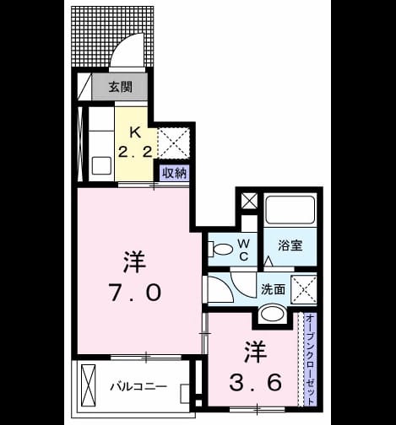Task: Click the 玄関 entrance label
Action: pyautogui.click(x=121, y=87)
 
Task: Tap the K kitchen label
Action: pyautogui.click(x=135, y=132)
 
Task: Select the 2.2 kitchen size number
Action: pyautogui.click(x=135, y=153)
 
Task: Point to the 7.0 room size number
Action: pyautogui.click(x=135, y=293)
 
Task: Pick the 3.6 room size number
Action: pyautogui.click(x=255, y=382)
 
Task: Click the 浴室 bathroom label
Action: pyautogui.click(x=290, y=245)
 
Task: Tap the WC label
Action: pyautogui.click(x=244, y=250)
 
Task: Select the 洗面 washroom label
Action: pyautogui.click(x=273, y=289)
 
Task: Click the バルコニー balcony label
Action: pyautogui.click(x=138, y=387)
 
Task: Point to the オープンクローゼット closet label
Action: pyautogui.click(x=310, y=360)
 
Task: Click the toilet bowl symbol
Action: pyautogui.click(x=220, y=249)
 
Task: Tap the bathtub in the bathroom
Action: pyautogui.click(x=290, y=210)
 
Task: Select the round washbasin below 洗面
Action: pyautogui.click(x=272, y=313)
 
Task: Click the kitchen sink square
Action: pyautogui.click(x=101, y=165)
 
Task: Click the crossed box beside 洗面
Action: pyautogui.click(x=304, y=289)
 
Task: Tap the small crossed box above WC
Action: pyautogui.click(x=249, y=202)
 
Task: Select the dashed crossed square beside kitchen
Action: pyautogui.click(x=173, y=143)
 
